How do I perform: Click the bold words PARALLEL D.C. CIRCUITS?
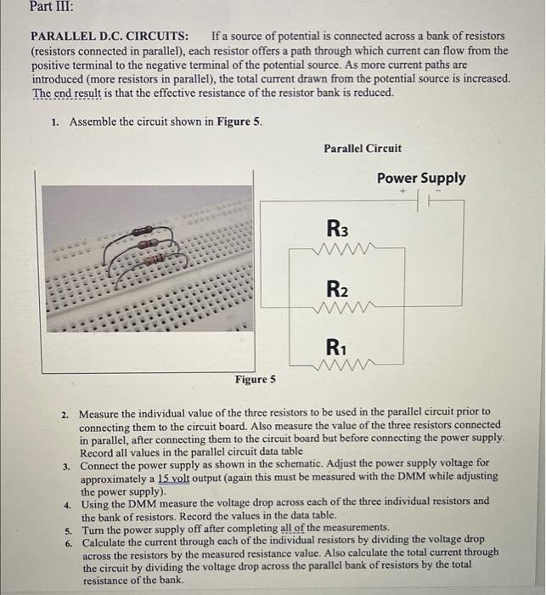(x=110, y=37)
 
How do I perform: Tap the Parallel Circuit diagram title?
(x=363, y=148)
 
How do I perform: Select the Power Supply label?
(x=421, y=178)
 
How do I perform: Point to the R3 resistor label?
(x=337, y=229)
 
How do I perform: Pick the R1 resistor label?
(x=337, y=347)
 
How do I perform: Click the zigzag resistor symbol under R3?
(x=338, y=249)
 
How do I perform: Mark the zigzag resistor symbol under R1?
(x=338, y=368)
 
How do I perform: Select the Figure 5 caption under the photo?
(x=256, y=379)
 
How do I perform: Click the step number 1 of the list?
(x=53, y=122)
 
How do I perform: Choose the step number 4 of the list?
(x=67, y=503)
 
